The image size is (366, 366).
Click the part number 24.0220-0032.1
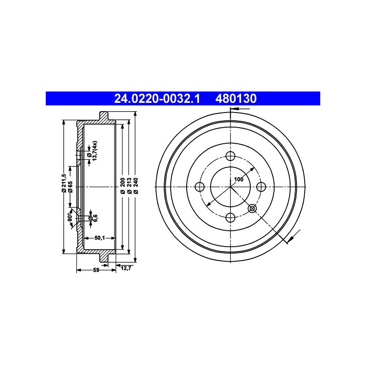point(157,98)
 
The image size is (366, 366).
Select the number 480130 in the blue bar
point(236,98)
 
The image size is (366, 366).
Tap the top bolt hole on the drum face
point(231,156)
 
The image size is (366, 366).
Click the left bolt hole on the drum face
point(199,187)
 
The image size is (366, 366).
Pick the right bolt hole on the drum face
point(261,187)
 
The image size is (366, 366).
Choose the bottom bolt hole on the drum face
point(231,218)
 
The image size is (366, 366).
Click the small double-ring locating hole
point(252,209)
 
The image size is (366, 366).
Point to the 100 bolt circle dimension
point(238,179)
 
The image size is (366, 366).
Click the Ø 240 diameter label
point(136,186)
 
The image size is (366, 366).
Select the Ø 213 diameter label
point(129,186)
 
